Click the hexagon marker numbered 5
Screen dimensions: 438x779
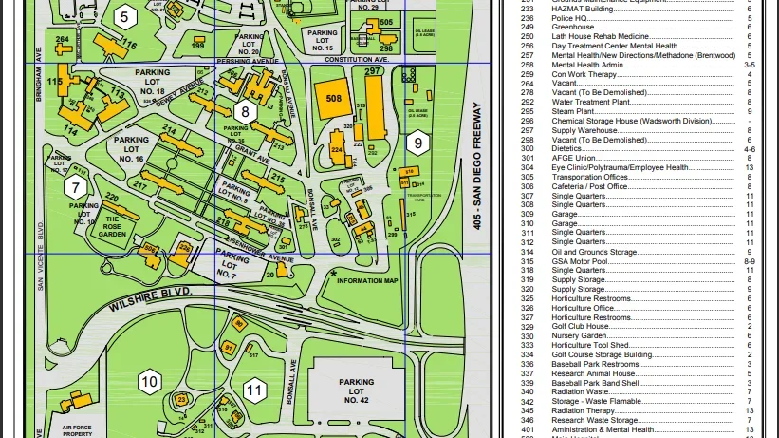pyautogui.click(x=124, y=17)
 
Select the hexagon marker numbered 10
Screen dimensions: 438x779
pyautogui.click(x=149, y=383)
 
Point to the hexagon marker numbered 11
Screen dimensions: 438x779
pyautogui.click(x=253, y=389)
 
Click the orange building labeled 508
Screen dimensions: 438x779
pyautogui.click(x=333, y=98)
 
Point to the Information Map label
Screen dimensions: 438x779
pyautogui.click(x=366, y=280)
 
